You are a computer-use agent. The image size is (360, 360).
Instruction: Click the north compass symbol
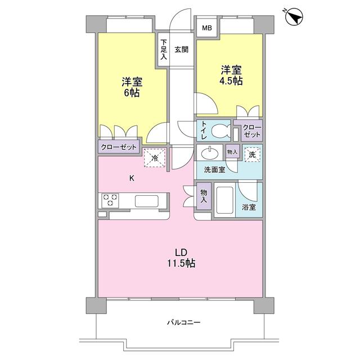coord(293,17)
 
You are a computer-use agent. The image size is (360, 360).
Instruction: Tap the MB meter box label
coord(207,28)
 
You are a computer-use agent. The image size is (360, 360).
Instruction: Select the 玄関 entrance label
coord(181,49)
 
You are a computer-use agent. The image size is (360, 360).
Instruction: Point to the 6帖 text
coord(133,92)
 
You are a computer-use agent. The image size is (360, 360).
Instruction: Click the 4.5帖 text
coord(231,81)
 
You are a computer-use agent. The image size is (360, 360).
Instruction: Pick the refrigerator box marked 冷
coord(155,158)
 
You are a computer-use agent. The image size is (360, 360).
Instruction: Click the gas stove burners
coord(110,200)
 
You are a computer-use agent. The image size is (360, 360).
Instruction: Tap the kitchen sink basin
coord(147,201)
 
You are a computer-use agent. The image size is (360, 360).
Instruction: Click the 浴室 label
coord(249,207)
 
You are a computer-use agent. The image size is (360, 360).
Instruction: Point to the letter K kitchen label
coord(132,179)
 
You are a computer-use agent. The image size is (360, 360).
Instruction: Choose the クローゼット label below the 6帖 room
coord(119,147)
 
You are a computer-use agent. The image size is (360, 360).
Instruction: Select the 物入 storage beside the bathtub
coord(204,196)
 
